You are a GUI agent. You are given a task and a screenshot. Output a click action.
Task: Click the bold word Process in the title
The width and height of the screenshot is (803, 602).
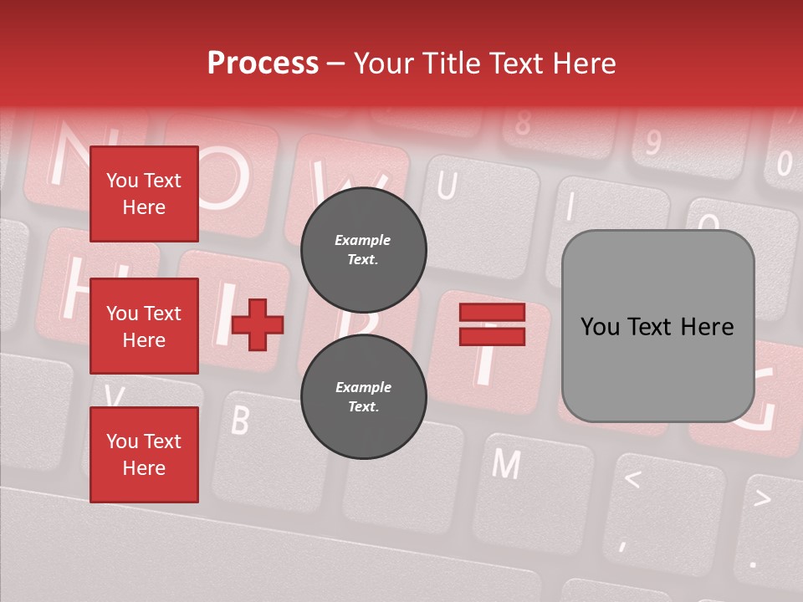[263, 64]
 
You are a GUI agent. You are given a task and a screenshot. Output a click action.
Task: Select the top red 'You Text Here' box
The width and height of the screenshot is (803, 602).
[144, 194]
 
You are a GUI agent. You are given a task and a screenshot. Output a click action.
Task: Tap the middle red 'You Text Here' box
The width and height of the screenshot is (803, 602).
[144, 326]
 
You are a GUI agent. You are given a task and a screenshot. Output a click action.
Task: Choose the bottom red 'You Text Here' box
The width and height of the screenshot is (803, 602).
[144, 455]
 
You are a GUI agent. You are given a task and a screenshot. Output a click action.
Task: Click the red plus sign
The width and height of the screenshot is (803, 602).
[258, 324]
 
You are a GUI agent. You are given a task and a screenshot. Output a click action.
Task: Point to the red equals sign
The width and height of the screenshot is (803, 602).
[492, 324]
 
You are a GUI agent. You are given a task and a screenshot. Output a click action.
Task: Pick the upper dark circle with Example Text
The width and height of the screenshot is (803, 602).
[363, 249]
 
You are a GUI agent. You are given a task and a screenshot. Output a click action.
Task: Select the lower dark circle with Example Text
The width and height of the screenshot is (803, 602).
[363, 396]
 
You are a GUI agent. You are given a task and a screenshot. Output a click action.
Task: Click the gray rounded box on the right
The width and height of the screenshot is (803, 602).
[657, 326]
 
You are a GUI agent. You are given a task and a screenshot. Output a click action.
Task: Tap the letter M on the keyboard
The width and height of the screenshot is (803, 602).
[505, 462]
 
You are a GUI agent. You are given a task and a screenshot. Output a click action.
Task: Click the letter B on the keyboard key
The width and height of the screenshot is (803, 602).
[240, 420]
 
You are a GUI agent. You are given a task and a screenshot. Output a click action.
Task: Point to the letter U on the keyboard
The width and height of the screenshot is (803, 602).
[447, 186]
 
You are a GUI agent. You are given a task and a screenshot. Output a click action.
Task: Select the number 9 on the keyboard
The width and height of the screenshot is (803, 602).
[652, 142]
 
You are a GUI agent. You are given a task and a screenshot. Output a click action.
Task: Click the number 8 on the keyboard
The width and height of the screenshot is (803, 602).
[523, 124]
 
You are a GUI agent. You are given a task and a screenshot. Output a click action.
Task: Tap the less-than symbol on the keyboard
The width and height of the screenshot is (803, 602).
[633, 479]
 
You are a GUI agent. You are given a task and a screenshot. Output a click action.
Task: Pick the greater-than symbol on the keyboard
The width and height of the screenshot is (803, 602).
[762, 498]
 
